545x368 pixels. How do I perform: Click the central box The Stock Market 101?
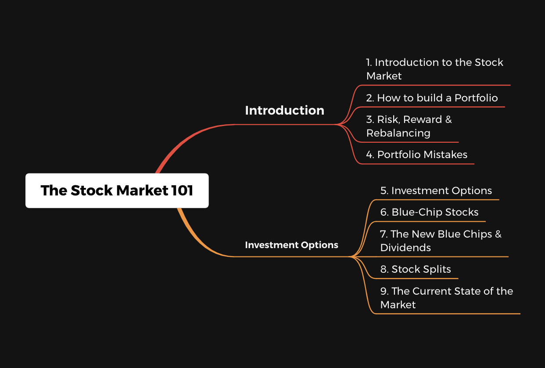[x=117, y=191]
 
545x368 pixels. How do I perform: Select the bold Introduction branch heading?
[x=285, y=110]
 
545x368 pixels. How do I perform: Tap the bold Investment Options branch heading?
[x=291, y=245]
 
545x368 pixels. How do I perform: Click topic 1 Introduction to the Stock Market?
[x=434, y=69]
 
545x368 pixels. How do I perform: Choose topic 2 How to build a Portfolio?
[x=432, y=98]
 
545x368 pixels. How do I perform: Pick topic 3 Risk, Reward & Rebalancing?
[x=409, y=126]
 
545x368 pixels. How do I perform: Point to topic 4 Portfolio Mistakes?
[x=417, y=155]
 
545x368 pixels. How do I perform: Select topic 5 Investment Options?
[x=436, y=191]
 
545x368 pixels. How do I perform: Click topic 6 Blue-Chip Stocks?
[x=430, y=212]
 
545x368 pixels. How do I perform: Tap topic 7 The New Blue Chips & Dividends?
[x=441, y=241]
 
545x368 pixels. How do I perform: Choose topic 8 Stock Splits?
[x=416, y=269]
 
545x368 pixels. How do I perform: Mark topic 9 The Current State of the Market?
[x=447, y=298]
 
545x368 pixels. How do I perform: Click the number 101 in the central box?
[x=182, y=190]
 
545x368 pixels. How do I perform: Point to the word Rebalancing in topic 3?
[x=398, y=133]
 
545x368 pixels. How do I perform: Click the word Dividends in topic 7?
[x=405, y=248]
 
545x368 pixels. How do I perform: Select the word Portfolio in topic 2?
[x=476, y=98]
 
